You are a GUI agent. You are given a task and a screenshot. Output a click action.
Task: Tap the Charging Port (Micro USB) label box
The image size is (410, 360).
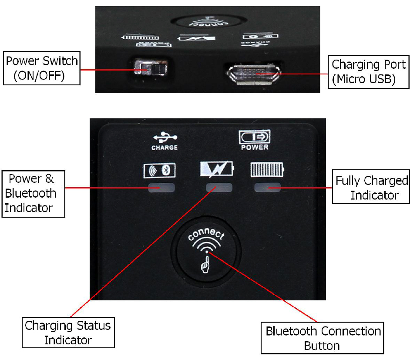(369, 72)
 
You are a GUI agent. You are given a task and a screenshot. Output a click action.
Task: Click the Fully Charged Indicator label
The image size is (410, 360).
(371, 188)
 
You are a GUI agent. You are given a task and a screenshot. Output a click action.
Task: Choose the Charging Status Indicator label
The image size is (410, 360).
(68, 333)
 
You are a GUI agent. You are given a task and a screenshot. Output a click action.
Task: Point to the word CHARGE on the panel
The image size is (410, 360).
(165, 148)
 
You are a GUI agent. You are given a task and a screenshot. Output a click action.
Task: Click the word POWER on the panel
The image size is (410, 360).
(255, 147)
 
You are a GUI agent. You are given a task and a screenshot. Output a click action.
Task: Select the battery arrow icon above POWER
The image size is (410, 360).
(255, 137)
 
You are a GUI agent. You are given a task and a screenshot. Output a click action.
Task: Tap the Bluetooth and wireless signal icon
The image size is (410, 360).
(159, 170)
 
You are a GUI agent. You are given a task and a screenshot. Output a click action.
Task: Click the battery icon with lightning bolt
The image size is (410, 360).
(216, 169)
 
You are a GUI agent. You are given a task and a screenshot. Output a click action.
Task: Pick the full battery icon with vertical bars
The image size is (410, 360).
(266, 170)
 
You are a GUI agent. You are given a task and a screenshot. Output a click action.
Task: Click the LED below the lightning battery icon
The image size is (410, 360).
(216, 188)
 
